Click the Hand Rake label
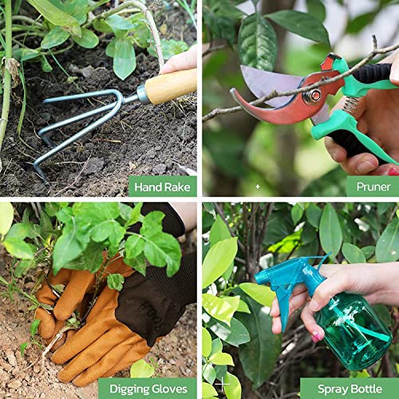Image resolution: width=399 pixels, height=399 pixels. (x=162, y=187)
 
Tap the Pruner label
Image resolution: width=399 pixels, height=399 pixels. (x=372, y=187)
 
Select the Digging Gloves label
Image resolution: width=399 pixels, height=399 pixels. (x=147, y=389)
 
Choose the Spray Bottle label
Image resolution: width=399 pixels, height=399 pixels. (x=349, y=389)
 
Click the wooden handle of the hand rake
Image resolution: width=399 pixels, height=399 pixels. (x=171, y=85)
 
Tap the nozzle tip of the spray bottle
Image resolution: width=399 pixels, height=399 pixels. (x=259, y=275)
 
